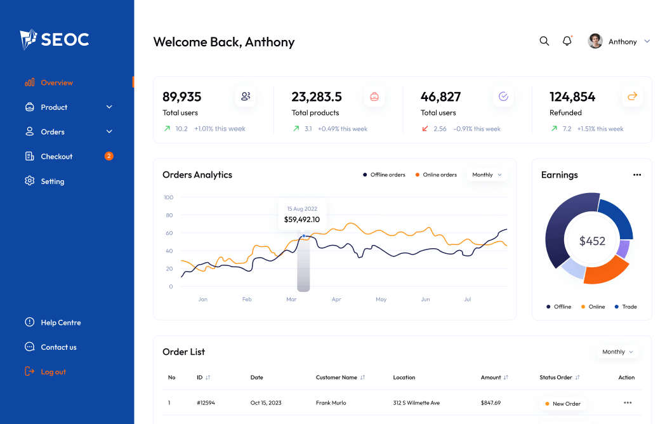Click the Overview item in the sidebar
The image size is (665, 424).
click(56, 83)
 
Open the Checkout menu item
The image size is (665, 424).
click(56, 156)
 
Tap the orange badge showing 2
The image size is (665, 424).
click(109, 156)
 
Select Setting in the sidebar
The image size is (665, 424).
click(52, 181)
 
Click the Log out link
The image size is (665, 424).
click(53, 371)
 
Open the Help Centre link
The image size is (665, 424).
click(60, 322)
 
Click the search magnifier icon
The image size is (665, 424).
click(544, 41)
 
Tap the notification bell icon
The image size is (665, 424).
click(567, 41)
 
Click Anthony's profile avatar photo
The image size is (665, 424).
click(595, 41)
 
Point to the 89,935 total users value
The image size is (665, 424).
click(182, 97)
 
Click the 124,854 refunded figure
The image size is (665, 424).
click(572, 97)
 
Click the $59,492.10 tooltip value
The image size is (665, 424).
click(302, 220)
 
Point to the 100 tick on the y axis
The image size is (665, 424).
click(168, 197)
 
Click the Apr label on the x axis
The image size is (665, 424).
click(336, 299)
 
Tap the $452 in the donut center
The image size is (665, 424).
click(592, 241)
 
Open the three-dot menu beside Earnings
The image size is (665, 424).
click(637, 175)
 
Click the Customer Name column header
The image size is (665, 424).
click(336, 377)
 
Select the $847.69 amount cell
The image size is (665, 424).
click(491, 402)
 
